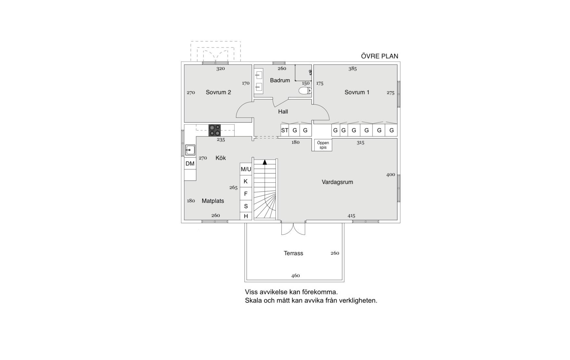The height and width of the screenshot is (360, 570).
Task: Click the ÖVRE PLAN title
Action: (x=380, y=56)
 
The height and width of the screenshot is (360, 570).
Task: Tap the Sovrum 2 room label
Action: (x=218, y=92)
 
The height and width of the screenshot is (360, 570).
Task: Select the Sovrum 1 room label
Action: (x=357, y=92)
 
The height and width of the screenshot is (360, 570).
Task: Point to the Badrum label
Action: (x=280, y=80)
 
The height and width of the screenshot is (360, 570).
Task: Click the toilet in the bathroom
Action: (x=305, y=91)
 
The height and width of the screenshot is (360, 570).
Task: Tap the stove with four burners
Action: (x=214, y=130)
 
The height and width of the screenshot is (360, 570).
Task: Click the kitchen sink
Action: (x=190, y=150)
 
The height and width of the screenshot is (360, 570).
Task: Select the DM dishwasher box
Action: (x=190, y=164)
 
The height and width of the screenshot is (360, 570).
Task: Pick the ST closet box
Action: (x=285, y=130)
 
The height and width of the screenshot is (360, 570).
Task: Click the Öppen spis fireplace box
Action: (x=323, y=145)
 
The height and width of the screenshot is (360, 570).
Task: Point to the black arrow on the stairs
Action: (x=265, y=162)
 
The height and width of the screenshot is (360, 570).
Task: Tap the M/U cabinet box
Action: (x=246, y=169)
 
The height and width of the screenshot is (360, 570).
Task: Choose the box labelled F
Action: (x=246, y=194)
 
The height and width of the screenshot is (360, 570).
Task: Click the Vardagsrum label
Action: (x=337, y=182)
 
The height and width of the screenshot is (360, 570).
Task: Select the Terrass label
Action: (x=293, y=253)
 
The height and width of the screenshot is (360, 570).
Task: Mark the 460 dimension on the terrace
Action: (x=295, y=276)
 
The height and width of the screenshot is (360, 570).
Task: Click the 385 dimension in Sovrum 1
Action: (x=353, y=69)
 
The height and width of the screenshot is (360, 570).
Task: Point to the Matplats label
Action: (x=213, y=201)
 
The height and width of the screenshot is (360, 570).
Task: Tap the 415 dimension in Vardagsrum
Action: (x=351, y=216)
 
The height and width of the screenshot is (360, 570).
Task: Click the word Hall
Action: (x=283, y=112)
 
